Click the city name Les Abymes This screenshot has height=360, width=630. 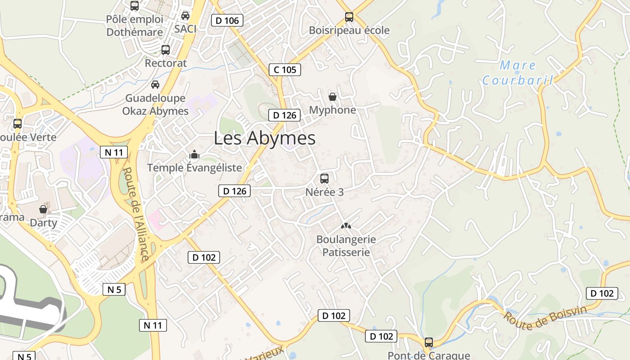click(x=265, y=138)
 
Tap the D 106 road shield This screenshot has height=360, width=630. click(x=227, y=20)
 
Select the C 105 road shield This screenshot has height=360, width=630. click(x=285, y=70)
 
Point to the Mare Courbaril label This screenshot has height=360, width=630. click(x=517, y=73)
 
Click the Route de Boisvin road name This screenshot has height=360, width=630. click(x=545, y=318)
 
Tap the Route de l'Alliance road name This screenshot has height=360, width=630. click(x=135, y=214)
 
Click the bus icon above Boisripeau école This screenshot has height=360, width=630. click(x=349, y=17)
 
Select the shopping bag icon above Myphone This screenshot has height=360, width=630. click(x=333, y=96)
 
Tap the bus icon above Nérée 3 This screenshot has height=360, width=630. click(x=324, y=178)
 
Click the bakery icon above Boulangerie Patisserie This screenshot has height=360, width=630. click(x=346, y=226)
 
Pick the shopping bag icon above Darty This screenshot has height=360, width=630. click(x=43, y=209)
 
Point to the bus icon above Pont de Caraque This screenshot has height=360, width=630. click(x=429, y=342)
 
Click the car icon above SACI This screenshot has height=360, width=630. click(x=185, y=16)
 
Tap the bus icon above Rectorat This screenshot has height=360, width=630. click(x=166, y=49)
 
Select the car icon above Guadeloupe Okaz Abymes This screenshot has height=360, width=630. click(x=155, y=84)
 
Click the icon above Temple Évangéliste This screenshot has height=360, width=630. click(x=194, y=155)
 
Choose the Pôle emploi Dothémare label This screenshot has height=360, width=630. click(x=135, y=26)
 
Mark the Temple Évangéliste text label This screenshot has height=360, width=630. click(x=194, y=168)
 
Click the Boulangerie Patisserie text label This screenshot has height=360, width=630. click(x=346, y=246)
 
